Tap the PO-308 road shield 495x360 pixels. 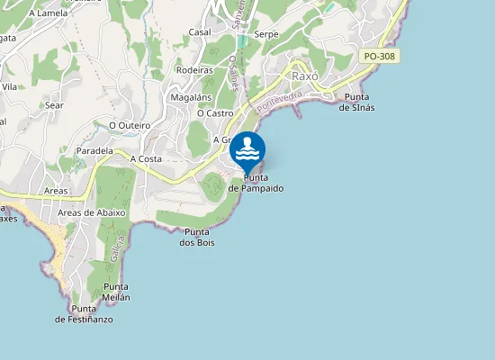click(382, 56)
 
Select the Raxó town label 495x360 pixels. click(306, 76)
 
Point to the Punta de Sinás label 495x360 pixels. click(357, 102)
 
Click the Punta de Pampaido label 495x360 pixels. click(256, 183)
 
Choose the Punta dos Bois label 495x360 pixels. click(197, 237)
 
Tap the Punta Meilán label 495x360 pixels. click(115, 292)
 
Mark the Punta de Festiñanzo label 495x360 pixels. click(84, 313)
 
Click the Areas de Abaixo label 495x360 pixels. click(91, 212)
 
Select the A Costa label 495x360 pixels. click(146, 158)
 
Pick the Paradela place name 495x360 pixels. click(94, 150)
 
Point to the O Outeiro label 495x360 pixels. click(130, 125)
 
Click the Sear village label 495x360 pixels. click(54, 105)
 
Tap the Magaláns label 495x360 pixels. click(191, 96)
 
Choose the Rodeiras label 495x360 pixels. click(194, 69)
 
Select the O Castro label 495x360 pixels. click(215, 113)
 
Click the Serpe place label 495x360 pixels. click(266, 34)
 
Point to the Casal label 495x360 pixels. click(200, 31)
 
